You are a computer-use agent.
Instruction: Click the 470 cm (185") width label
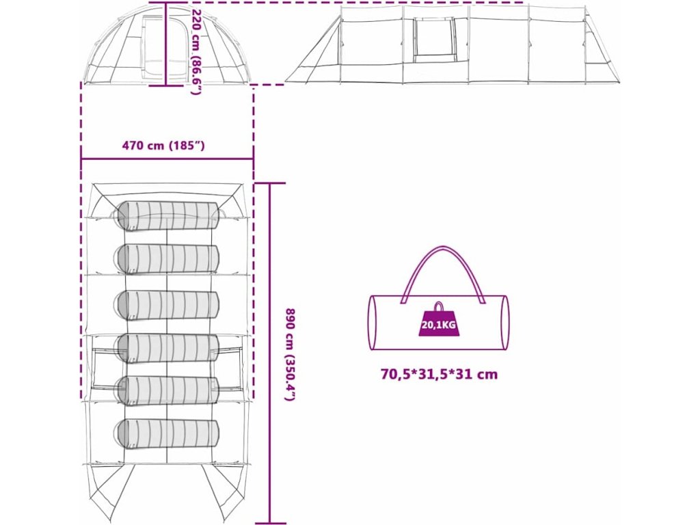coord(163,145)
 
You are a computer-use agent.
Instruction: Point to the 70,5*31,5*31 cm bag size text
coord(439,374)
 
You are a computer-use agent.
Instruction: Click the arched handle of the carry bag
coord(439,263)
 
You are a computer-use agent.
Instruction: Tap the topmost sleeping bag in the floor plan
coord(169,216)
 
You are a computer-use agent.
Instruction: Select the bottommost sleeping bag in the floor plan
coord(167,434)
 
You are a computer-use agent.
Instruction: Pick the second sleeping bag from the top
coord(167,258)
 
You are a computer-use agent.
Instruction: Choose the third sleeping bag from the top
coord(167,304)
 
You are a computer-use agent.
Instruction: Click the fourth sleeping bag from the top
coord(167,348)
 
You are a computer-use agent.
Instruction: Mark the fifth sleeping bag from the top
coord(167,390)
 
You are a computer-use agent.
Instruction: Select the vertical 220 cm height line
coord(166,44)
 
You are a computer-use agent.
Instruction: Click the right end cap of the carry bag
coord(504,323)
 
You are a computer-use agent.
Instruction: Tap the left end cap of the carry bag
coord(373,323)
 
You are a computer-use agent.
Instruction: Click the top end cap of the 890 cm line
coord(270,183)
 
